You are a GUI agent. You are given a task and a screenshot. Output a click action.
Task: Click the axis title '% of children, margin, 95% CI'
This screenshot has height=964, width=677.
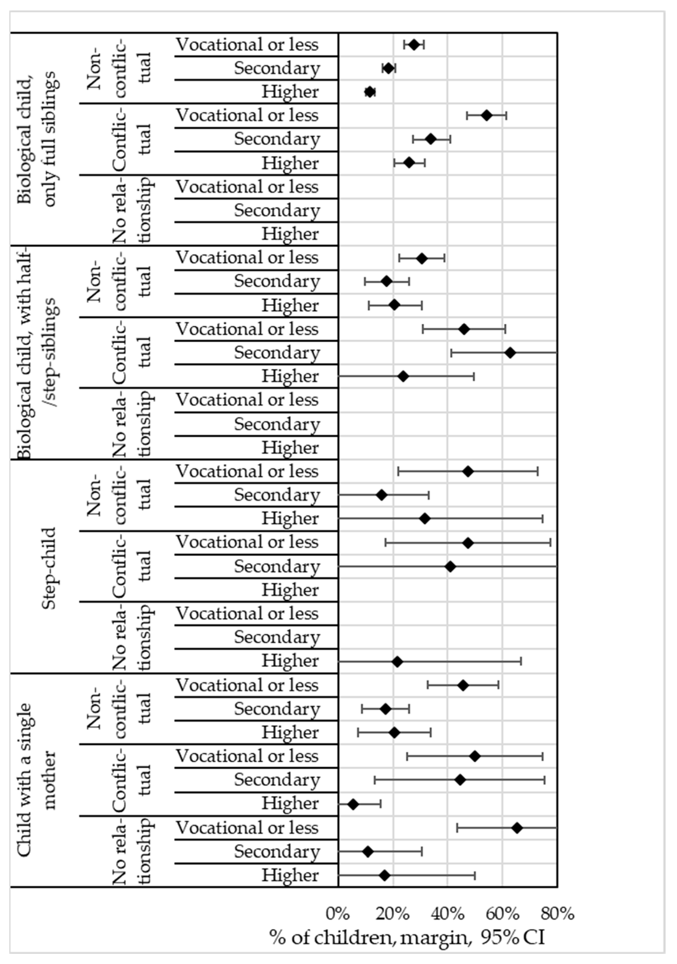[407, 937]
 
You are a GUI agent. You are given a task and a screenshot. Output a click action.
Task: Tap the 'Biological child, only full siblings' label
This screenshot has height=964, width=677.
[37, 139]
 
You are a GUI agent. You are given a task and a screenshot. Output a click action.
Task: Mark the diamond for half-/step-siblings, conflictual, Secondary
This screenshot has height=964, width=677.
[510, 353]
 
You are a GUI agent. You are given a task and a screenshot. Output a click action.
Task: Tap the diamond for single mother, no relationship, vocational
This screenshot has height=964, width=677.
[517, 828]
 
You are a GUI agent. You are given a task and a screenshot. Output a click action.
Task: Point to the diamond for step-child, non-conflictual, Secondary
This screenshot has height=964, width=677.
[381, 495]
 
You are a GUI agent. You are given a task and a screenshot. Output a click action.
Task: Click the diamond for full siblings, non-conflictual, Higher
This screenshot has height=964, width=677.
[370, 92]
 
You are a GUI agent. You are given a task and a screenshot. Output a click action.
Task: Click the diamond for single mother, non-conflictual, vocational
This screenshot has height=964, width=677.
[463, 686]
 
